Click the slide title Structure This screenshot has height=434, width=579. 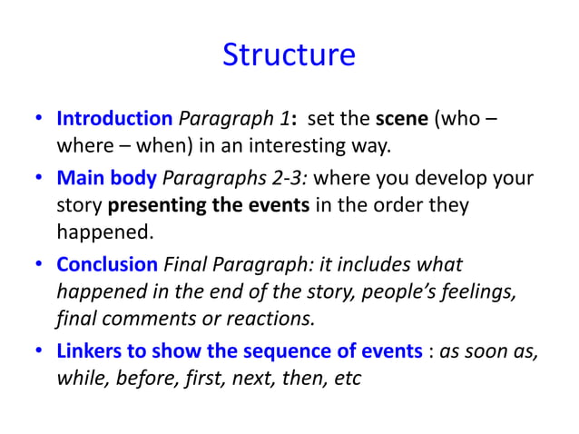289,54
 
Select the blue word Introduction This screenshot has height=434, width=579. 114,119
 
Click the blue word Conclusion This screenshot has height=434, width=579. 107,264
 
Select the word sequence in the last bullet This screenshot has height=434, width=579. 260,350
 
